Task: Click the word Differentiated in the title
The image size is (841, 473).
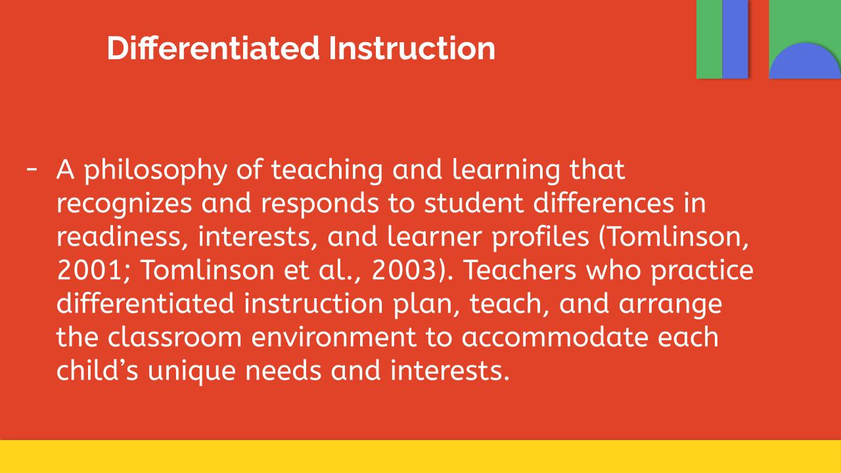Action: coord(214,48)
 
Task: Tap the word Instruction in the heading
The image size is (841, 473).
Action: coord(412,48)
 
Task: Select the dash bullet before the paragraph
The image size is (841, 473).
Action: coord(32,169)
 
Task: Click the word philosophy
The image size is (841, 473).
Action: coord(156,171)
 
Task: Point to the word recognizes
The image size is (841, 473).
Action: coord(124,204)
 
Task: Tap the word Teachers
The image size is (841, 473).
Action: coord(520,270)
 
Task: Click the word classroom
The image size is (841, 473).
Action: coord(175,337)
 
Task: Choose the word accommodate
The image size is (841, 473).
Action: coord(555,337)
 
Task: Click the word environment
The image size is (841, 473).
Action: coord(334,337)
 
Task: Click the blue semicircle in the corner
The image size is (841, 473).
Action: coord(805,60)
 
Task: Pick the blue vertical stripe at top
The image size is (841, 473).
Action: coord(735,39)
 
